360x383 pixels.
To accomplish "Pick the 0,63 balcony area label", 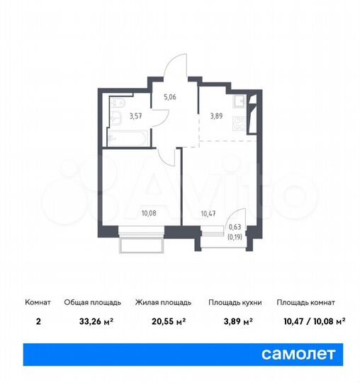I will coord(234,228).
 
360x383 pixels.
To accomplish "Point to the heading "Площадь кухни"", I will coord(235,302).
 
